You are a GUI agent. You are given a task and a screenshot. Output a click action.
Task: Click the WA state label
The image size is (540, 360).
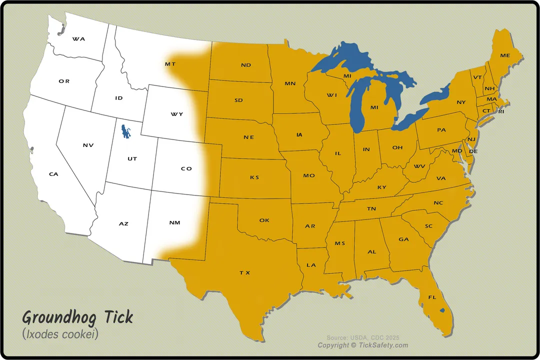point(78,38)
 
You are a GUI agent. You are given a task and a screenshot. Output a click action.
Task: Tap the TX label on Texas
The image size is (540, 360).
point(244,272)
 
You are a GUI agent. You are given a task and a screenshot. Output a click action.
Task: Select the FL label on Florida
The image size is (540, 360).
point(432,297)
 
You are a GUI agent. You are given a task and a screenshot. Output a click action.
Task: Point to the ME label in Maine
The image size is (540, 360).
point(505,55)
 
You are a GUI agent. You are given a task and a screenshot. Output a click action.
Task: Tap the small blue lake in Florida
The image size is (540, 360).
point(442,310)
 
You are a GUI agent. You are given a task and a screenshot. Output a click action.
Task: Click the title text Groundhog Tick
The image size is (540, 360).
point(77,317)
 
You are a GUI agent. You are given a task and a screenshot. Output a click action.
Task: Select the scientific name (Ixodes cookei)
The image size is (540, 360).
point(60,334)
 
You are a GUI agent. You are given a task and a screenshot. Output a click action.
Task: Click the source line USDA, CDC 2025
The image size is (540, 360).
point(363,337)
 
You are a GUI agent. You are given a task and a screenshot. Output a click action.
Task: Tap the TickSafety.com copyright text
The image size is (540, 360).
point(363,345)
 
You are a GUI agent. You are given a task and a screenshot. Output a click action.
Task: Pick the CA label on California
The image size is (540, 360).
point(53,174)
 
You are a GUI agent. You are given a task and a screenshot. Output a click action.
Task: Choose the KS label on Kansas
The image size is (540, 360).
point(254,177)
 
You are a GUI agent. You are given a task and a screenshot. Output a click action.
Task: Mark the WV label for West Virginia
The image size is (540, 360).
point(419,166)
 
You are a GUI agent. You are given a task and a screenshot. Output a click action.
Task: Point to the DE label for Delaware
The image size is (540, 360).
point(473,151)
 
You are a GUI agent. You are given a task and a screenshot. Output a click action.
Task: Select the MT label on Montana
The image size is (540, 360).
point(170,64)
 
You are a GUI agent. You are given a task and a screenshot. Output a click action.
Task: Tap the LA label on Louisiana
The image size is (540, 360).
point(311,265)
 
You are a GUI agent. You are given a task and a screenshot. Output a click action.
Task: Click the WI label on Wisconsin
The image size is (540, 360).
point(331,95)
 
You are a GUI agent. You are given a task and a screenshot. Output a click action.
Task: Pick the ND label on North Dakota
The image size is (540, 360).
point(245,65)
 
